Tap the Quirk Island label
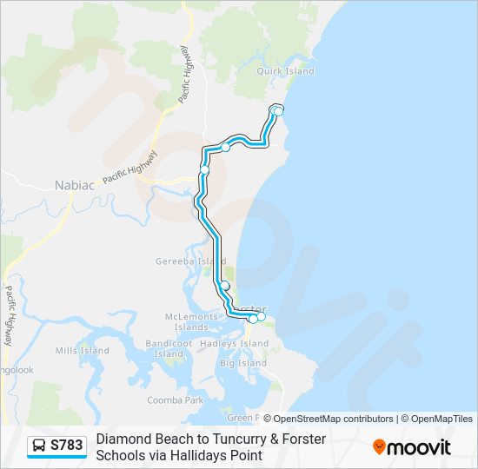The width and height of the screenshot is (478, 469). click(x=289, y=71)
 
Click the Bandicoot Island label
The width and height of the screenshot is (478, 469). click(x=169, y=349)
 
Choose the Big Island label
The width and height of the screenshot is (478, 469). click(x=242, y=363)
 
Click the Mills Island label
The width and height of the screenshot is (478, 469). click(x=83, y=351)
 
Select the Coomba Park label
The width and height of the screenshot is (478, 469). click(x=175, y=400)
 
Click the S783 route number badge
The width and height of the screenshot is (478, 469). click(x=67, y=446)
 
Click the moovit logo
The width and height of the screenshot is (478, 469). click(x=412, y=447)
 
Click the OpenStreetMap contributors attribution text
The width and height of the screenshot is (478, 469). click(x=334, y=419)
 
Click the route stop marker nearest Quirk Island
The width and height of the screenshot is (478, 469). click(x=278, y=110)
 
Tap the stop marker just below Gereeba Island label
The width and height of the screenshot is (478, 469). click(x=224, y=286)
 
